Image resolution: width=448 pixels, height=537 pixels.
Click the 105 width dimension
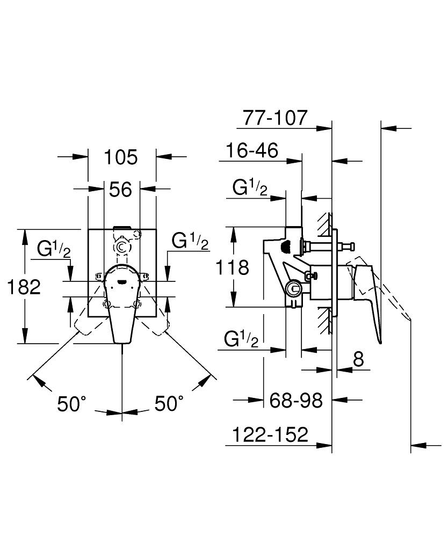click(121, 157)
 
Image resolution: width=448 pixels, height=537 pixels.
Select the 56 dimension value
click(121, 189)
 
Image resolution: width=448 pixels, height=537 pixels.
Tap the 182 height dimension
click(24, 287)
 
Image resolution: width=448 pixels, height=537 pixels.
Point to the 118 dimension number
click(232, 267)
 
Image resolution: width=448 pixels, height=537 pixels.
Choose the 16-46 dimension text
click(252, 151)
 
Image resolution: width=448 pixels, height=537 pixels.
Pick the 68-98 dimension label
click(295, 400)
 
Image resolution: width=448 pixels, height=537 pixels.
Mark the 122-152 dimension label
click(270, 434)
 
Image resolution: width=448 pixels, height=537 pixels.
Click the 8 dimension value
click(358, 359)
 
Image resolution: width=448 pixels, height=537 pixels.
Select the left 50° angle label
click(72, 403)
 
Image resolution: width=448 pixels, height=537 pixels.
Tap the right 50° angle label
click(169, 403)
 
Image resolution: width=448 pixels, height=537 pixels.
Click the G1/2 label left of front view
click(53, 249)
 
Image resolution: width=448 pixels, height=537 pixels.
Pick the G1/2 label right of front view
click(190, 241)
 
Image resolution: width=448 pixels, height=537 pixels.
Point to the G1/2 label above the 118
click(250, 188)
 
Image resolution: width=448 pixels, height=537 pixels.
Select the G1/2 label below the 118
click(241, 339)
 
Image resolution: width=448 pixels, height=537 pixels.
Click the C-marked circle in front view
click(122, 247)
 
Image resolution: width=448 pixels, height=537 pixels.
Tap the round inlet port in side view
click(293, 289)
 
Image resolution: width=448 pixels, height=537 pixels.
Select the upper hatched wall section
click(323, 224)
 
